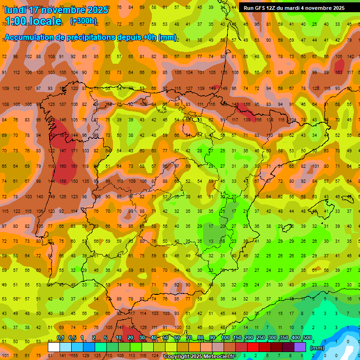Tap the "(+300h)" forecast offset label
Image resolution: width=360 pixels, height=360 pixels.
83,21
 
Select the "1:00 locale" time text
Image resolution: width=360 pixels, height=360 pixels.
33,22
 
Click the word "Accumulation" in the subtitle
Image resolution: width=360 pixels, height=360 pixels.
29,37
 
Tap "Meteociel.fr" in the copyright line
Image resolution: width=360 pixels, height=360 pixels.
217,357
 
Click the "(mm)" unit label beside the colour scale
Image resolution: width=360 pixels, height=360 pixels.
317,348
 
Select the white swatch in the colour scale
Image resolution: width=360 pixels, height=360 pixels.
54,347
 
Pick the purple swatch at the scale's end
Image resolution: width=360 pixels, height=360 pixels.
300,347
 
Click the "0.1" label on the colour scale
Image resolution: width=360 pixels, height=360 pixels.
60,338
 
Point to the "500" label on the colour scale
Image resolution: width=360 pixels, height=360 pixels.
307,338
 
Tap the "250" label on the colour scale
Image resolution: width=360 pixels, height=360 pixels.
261,338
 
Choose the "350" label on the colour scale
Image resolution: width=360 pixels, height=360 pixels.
284,338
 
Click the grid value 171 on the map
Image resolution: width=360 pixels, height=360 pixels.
75,151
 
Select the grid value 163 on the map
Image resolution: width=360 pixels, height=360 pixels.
339,72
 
